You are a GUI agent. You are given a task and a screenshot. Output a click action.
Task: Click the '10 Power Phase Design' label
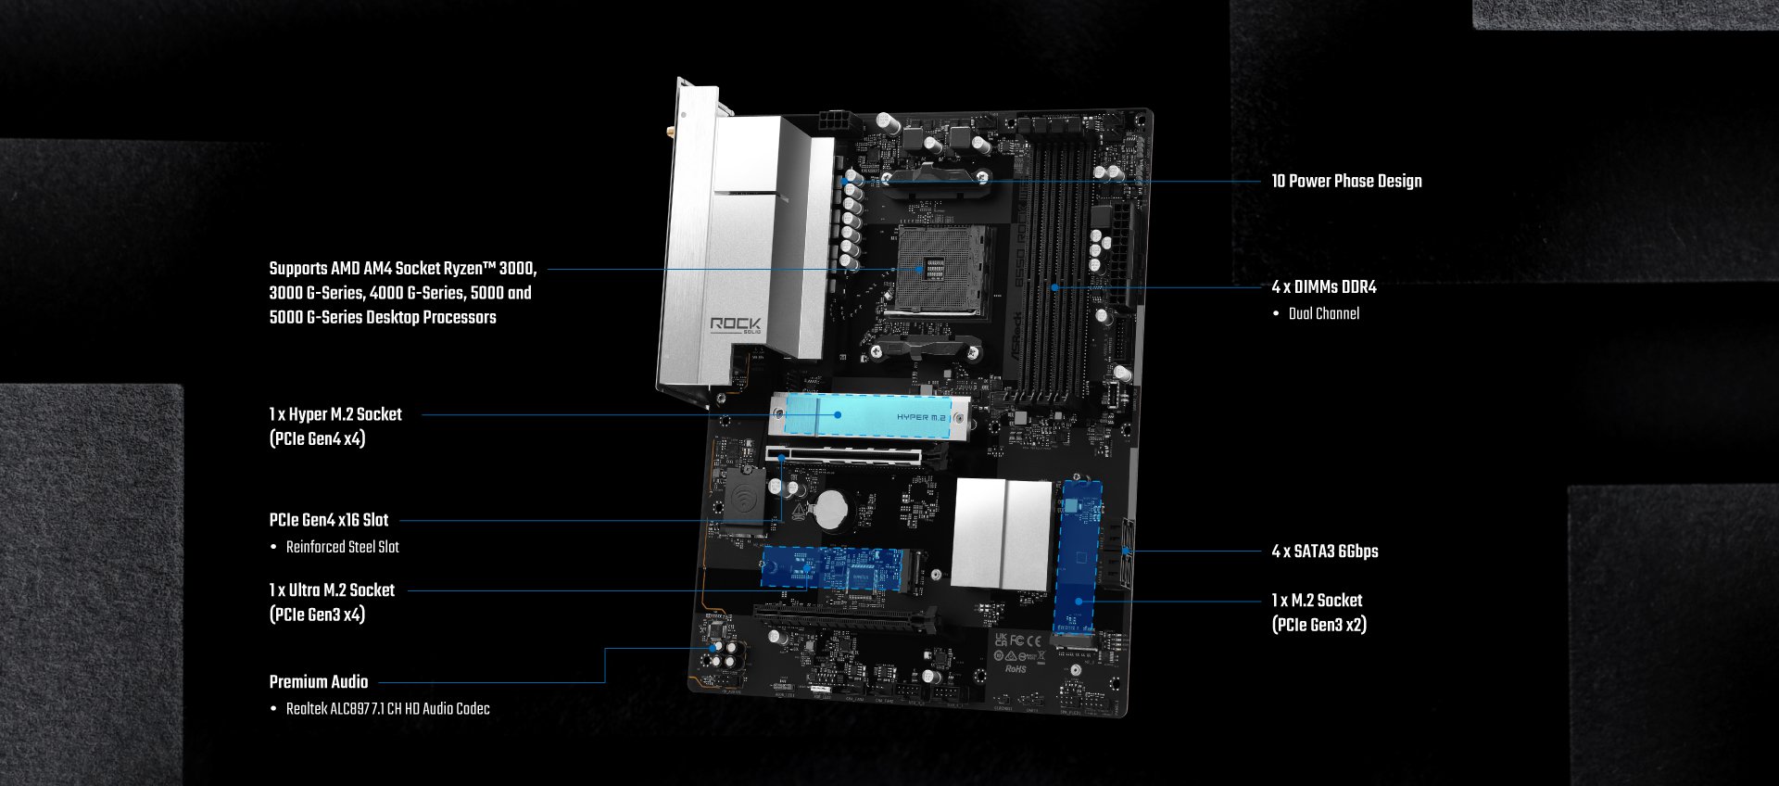[x=1346, y=181]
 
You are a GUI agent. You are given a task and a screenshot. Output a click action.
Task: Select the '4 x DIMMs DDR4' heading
[x=1324, y=287]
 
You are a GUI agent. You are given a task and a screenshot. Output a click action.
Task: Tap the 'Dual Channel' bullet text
[x=1324, y=313]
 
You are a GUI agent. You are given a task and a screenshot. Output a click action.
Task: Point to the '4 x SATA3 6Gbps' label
[x=1325, y=551]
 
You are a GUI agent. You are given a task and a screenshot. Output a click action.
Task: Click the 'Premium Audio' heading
[x=319, y=682]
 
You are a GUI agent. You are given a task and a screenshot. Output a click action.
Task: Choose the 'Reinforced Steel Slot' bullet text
[x=343, y=547]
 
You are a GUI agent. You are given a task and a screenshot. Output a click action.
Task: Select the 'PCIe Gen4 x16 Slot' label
[x=329, y=520]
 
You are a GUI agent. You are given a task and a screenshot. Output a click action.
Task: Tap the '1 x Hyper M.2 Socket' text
[x=335, y=414]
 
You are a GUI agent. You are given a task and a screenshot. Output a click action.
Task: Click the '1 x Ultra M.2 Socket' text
[x=332, y=590]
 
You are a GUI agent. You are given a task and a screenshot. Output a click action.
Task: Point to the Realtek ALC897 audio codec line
[x=387, y=709]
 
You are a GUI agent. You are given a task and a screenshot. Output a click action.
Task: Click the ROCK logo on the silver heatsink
[x=736, y=324]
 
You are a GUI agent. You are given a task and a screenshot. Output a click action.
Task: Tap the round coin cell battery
[x=831, y=509]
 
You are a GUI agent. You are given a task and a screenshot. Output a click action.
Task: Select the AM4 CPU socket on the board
[x=936, y=271]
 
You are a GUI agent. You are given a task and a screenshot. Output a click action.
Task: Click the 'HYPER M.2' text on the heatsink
[x=921, y=417]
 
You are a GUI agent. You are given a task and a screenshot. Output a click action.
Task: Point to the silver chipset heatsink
[x=1002, y=533]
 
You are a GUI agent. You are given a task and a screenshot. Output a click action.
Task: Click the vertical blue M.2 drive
[x=1079, y=556]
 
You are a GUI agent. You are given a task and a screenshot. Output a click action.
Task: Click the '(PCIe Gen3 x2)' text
[x=1319, y=625]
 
